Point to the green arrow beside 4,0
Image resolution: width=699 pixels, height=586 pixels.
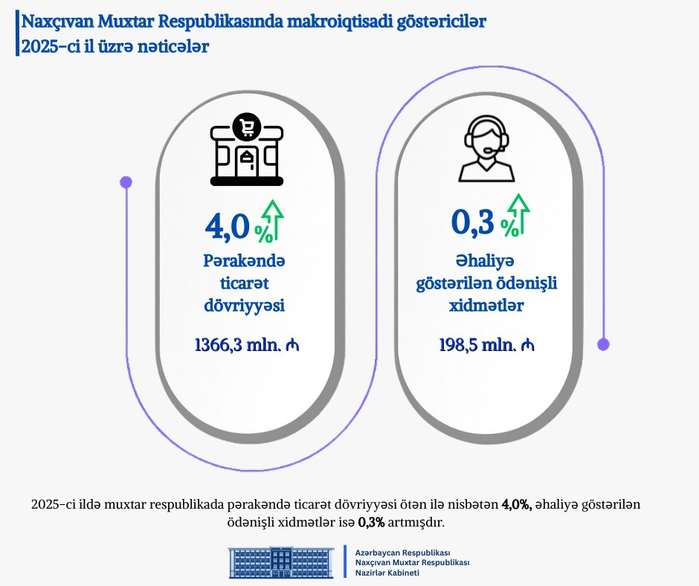274,221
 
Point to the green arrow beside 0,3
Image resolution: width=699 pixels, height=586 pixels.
518,216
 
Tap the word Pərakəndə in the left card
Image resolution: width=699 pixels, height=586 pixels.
245,262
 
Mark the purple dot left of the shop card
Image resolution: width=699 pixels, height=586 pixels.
126,181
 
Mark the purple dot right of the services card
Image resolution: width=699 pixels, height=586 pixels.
604,344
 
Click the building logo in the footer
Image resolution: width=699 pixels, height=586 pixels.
281,563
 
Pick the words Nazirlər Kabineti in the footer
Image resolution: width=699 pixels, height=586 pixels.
387,573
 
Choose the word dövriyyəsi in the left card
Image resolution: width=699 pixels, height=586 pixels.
245,306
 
